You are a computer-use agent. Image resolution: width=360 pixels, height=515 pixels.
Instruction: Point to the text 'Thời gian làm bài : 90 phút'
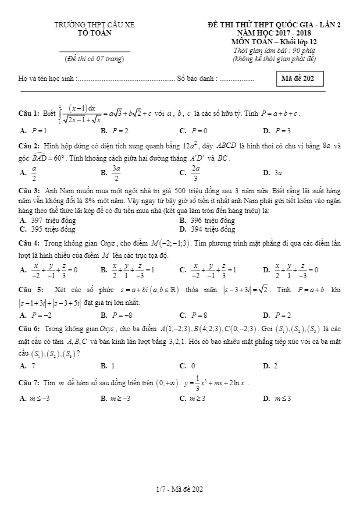pos(273,51)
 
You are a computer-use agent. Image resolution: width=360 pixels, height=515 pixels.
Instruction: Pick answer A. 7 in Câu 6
pos(27,365)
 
